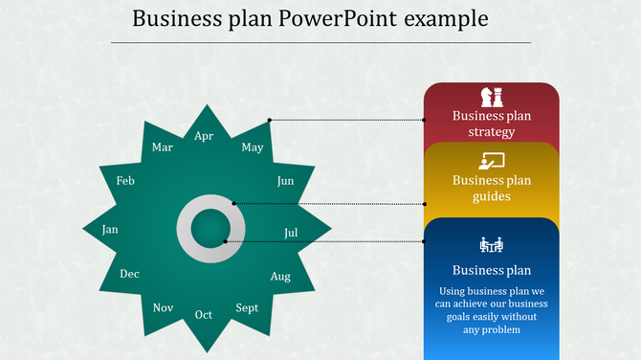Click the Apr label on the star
[x=204, y=136]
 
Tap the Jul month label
[x=292, y=233]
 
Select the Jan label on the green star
[x=110, y=230]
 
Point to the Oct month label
[x=204, y=315]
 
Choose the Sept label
[x=247, y=308]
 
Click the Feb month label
[x=125, y=181]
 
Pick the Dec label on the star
[x=129, y=274]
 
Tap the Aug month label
[x=280, y=277]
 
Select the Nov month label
[x=163, y=307]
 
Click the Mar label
[x=163, y=147]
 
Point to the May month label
[x=253, y=147]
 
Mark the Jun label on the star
[x=285, y=181]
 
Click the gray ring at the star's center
[x=189, y=230]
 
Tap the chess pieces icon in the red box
[x=492, y=97]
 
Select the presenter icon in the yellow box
[x=492, y=161]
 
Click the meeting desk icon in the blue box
[x=492, y=245]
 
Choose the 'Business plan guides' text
[x=492, y=189]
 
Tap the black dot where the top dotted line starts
[x=270, y=121]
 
